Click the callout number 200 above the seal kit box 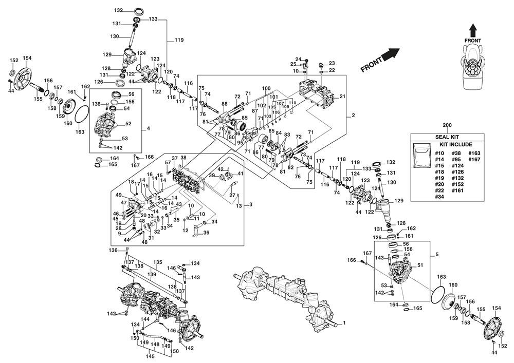[x=447, y=125]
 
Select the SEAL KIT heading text [x=447, y=137]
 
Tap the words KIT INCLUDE [x=447, y=145]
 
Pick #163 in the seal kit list [x=474, y=153]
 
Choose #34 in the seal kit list [x=439, y=197]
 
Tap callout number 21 [x=342, y=96]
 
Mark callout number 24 [x=298, y=59]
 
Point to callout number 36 [x=206, y=233]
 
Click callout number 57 [x=168, y=163]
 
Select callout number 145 [x=151, y=356]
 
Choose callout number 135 [x=158, y=262]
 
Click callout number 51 [x=420, y=265]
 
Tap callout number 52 [x=128, y=124]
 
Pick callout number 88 [x=225, y=104]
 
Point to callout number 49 [x=118, y=195]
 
